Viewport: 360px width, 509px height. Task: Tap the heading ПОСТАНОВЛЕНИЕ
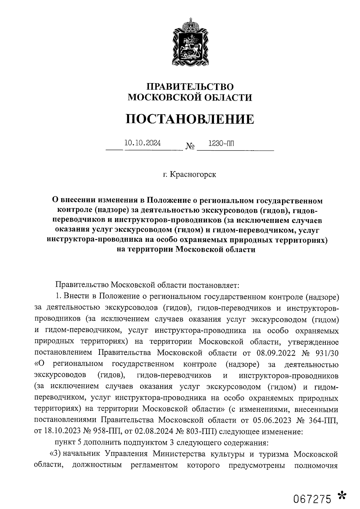click(190, 119)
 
